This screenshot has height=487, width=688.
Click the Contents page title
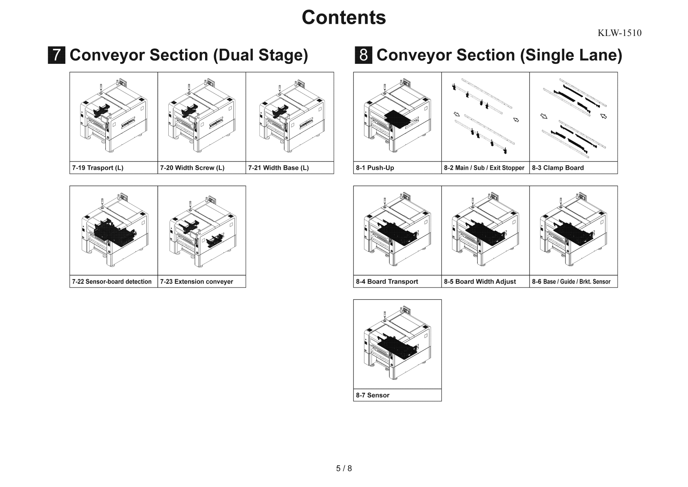344,18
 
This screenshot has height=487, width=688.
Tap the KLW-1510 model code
619,33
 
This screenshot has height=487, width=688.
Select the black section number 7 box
56,55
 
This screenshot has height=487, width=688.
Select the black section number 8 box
363,55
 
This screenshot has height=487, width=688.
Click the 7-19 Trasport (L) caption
98,168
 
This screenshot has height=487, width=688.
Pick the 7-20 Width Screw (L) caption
192,168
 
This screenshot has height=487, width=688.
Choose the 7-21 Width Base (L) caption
278,168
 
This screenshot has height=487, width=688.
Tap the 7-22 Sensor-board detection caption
112,281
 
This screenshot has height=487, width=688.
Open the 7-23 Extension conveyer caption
197,281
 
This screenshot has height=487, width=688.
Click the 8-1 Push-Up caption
375,168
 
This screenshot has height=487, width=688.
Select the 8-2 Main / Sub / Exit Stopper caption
484,168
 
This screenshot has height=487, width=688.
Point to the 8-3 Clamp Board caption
558,168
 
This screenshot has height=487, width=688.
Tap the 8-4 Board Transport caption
386,281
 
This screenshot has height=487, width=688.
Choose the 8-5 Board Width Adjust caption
480,281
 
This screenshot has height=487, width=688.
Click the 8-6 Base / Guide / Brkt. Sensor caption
571,281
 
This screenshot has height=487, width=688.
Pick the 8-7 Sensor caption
372,395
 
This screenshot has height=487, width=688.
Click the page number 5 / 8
344,468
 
